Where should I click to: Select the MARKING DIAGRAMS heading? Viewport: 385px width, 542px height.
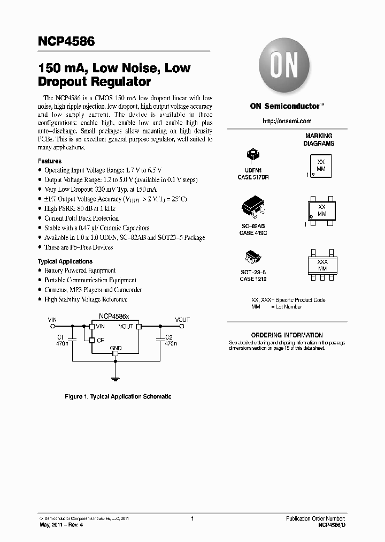coord(319,140)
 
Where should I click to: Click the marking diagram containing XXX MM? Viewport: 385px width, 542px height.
coord(322,265)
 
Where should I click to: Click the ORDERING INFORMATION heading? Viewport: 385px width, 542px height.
coord(287,335)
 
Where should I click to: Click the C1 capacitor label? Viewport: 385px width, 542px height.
coord(60,337)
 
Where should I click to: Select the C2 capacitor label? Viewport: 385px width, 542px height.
coord(169,337)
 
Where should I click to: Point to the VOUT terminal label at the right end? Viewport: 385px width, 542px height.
coord(182,319)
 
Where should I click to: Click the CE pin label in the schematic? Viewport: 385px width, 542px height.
coord(101,340)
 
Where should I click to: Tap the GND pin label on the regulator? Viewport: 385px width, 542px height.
coord(115,348)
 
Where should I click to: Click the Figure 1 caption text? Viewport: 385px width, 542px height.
coord(118,397)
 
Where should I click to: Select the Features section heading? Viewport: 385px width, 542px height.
coord(50,161)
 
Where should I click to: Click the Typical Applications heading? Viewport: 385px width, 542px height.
coord(65,261)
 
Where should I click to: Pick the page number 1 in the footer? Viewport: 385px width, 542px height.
coord(192,519)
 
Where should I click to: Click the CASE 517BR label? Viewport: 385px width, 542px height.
coord(253,176)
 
